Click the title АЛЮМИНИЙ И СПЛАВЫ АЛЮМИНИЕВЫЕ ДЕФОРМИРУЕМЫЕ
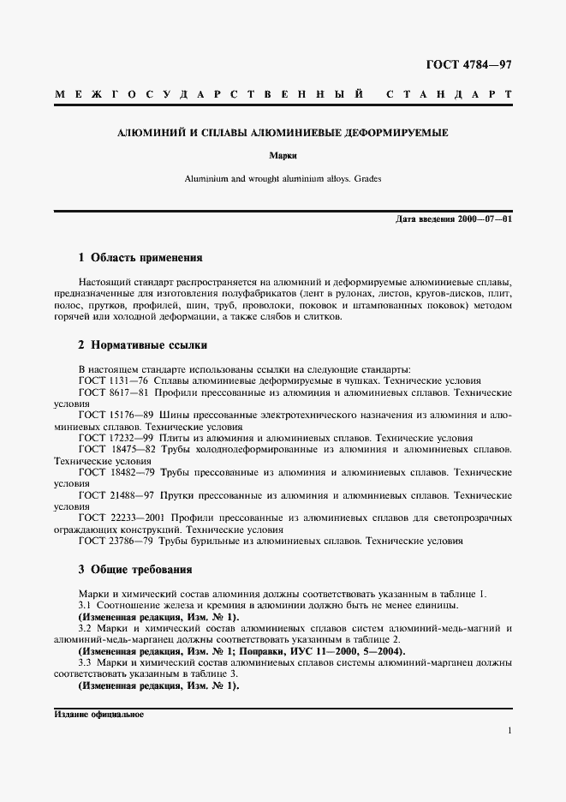(283, 133)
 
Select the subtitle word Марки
(283, 157)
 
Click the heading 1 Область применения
(140, 257)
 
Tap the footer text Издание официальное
(98, 714)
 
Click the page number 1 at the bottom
(509, 731)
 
